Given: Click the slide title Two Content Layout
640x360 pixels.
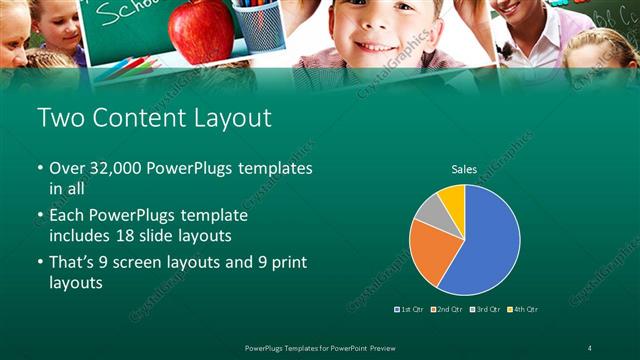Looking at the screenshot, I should pos(154,118).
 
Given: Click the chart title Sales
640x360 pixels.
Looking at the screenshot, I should pos(464,169).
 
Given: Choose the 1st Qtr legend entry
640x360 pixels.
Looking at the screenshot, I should pos(411,309).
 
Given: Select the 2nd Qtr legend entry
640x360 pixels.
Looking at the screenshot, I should pos(446,309).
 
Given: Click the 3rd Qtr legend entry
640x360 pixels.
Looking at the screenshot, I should pos(484,309).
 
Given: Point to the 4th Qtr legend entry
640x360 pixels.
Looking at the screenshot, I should pos(521,309).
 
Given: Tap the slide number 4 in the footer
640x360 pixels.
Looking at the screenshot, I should pos(590,347).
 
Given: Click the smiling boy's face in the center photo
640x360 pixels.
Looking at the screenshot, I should pos(381,30).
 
